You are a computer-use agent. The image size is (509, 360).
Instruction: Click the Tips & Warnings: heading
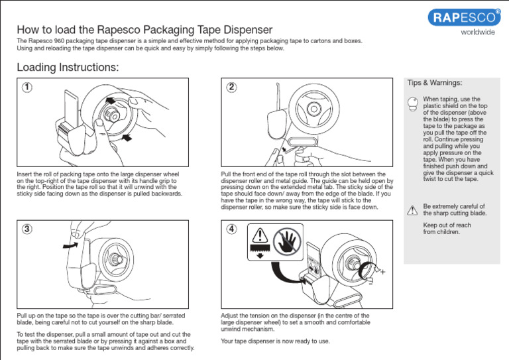(x=434, y=83)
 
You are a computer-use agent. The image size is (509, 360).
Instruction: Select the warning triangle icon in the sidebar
(x=412, y=210)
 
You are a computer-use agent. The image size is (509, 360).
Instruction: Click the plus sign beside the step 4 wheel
(x=383, y=272)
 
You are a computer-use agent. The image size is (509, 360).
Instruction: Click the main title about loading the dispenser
(x=144, y=30)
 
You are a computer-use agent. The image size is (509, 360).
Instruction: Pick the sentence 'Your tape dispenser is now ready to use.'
(x=275, y=341)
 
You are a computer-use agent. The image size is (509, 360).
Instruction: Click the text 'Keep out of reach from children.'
(x=447, y=229)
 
